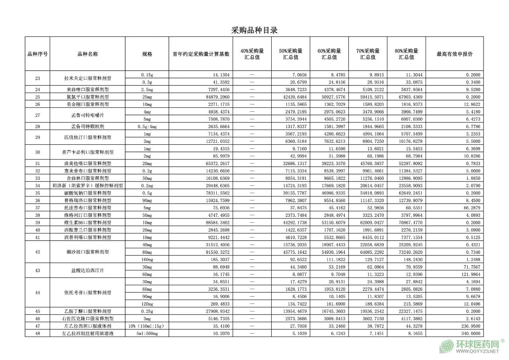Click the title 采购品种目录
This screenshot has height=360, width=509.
[254, 30]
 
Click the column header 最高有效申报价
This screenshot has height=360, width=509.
[455, 54]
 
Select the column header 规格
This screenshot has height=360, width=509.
[147, 54]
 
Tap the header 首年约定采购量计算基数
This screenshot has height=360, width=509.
[201, 54]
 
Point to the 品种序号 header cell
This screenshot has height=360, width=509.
[37, 54]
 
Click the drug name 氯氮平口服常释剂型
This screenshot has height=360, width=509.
[87, 97]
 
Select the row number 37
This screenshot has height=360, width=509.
[37, 208]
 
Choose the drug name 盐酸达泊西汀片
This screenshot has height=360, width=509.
[87, 270]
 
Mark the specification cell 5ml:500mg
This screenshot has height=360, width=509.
[144, 333]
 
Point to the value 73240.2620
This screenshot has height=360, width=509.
[408, 252]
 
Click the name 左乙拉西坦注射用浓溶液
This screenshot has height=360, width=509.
[87, 333]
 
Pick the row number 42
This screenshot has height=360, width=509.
[37, 252]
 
